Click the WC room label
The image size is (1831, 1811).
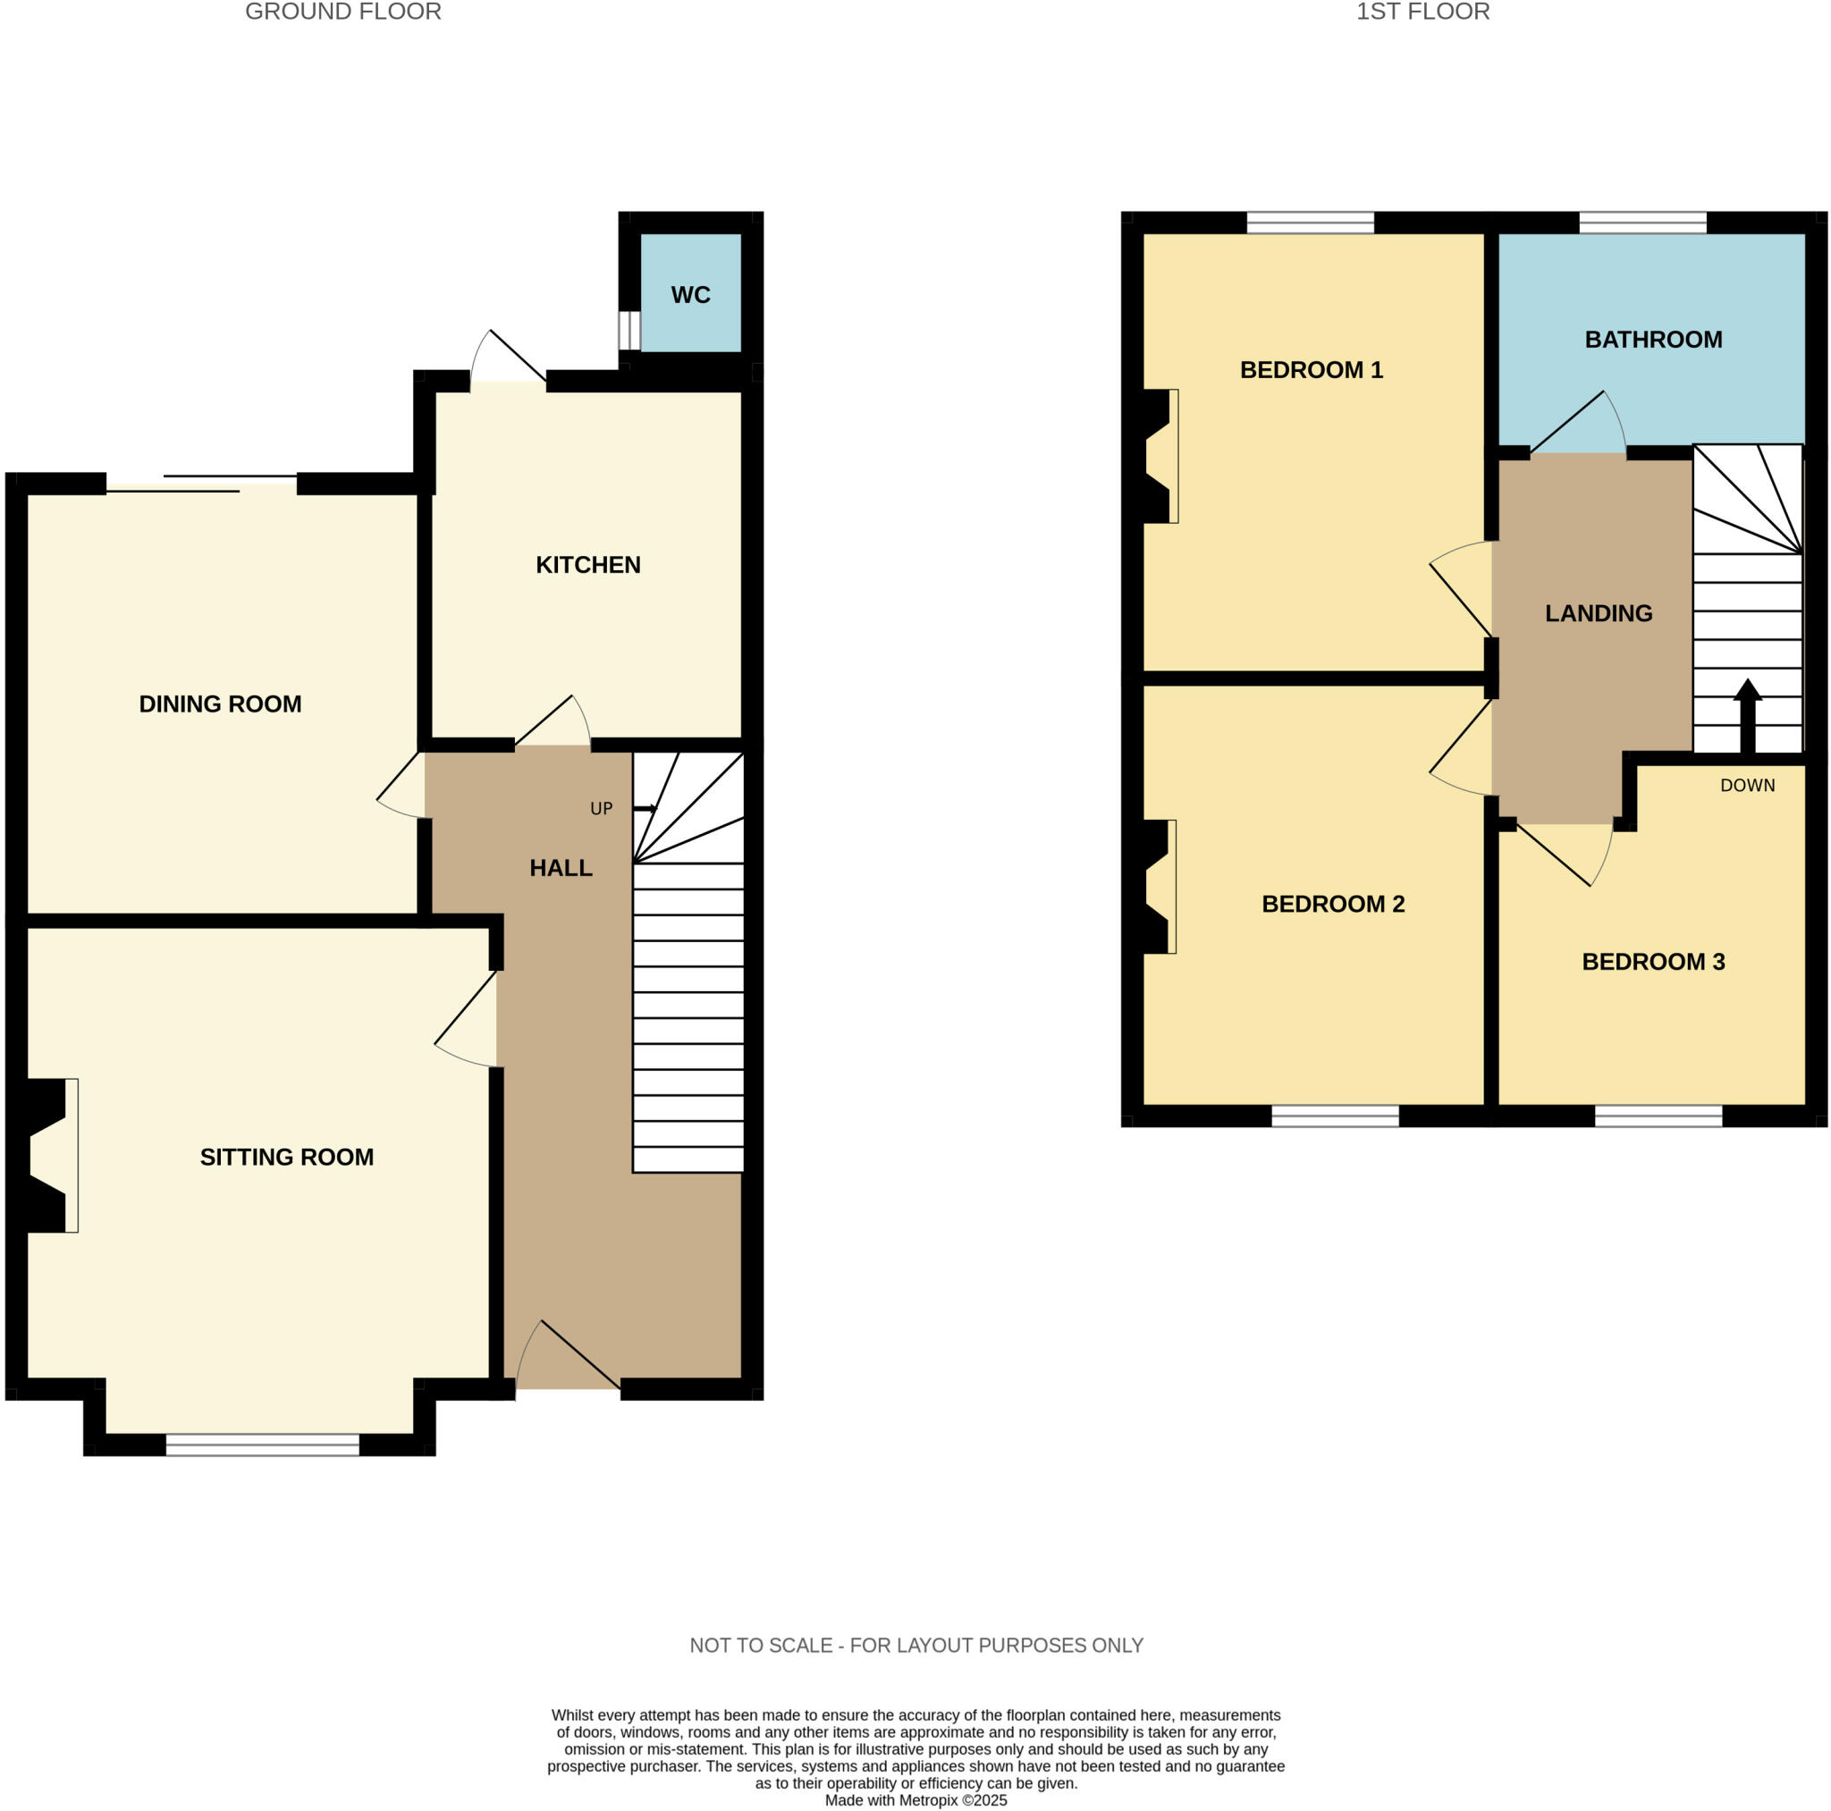click(x=690, y=295)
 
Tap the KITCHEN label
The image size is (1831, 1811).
click(x=587, y=565)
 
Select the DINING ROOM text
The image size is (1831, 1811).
click(x=220, y=704)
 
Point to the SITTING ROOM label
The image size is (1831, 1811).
click(x=286, y=1157)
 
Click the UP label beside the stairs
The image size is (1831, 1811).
click(x=601, y=808)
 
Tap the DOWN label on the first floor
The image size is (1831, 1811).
click(x=1747, y=786)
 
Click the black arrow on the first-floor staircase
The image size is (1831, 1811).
click(x=1747, y=715)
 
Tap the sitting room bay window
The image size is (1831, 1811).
click(x=263, y=1445)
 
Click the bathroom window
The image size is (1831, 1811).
click(x=1641, y=223)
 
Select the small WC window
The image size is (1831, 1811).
click(x=629, y=331)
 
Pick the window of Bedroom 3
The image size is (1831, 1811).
click(x=1658, y=1116)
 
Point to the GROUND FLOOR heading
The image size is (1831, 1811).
click(x=343, y=13)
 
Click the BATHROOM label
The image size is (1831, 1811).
click(x=1653, y=340)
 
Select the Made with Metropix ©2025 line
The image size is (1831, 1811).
click(x=915, y=1799)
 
